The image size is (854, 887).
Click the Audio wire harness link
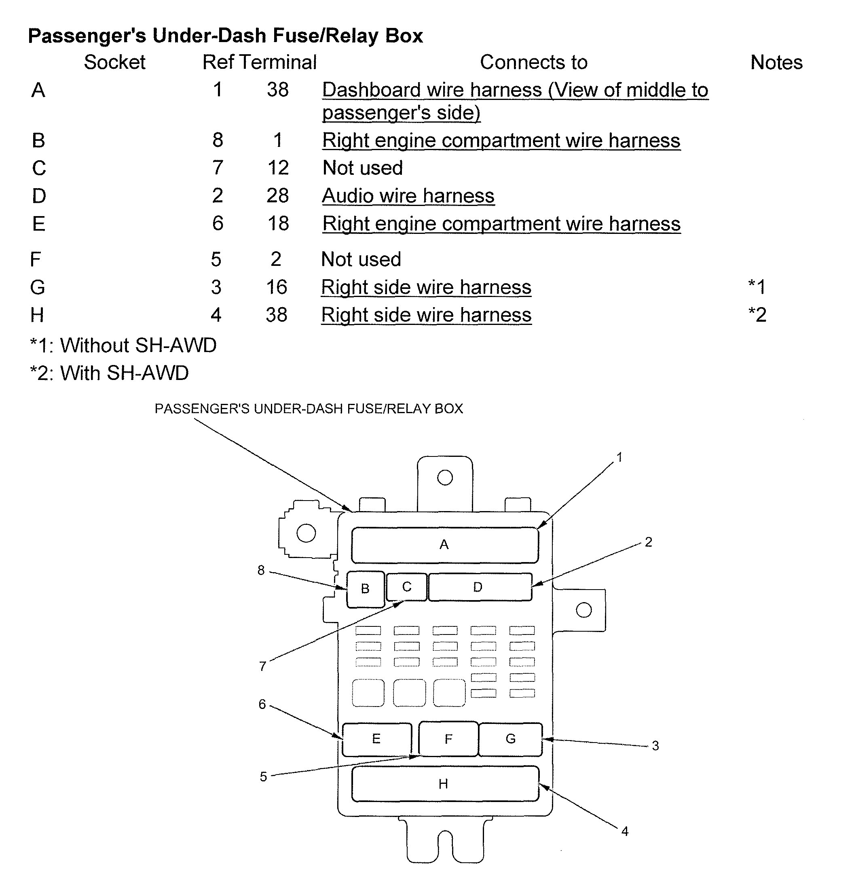[408, 196]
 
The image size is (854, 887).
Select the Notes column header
[776, 62]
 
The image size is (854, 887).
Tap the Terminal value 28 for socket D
[277, 195]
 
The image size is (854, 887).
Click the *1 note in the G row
[757, 286]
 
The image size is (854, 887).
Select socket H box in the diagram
[445, 783]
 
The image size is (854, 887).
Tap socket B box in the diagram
[366, 589]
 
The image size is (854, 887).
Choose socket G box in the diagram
[510, 739]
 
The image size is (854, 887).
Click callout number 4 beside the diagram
[625, 831]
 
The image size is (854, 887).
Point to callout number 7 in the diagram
[262, 666]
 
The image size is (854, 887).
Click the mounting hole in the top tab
[445, 477]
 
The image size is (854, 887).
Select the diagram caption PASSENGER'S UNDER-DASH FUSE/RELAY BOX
[309, 409]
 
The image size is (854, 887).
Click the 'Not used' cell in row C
[362, 168]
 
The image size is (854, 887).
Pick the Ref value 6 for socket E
[218, 223]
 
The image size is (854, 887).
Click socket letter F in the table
[35, 259]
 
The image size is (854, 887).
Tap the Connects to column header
[533, 62]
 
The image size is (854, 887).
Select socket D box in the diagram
[480, 587]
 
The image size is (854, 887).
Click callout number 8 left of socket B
[261, 570]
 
